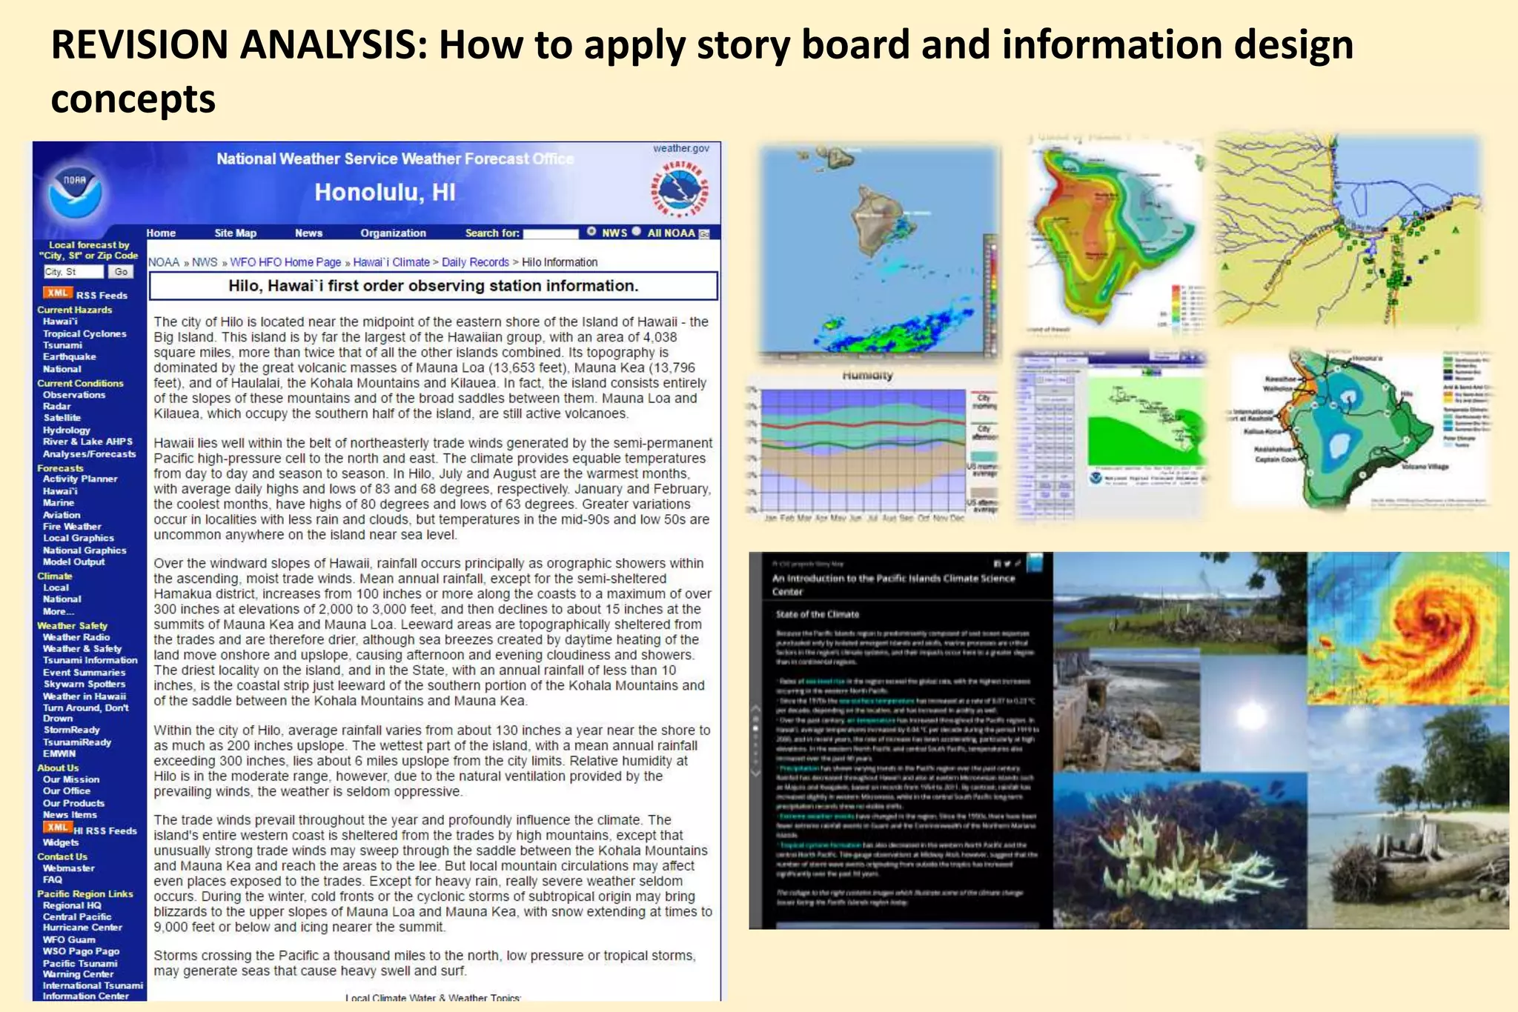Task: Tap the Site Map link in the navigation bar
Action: click(x=235, y=233)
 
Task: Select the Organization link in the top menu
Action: click(x=393, y=233)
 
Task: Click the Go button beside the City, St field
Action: click(x=121, y=272)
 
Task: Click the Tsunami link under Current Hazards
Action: click(x=62, y=345)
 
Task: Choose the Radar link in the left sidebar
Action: click(x=57, y=406)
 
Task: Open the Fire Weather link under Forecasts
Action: click(x=72, y=527)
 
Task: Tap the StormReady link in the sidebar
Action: click(x=71, y=730)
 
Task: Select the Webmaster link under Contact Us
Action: click(x=68, y=868)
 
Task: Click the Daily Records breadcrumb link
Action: click(x=475, y=262)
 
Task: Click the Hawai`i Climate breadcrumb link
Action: click(x=391, y=262)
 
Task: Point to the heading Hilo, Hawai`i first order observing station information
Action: click(x=433, y=286)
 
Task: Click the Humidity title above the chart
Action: click(x=867, y=376)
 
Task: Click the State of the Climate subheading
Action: click(x=817, y=614)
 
